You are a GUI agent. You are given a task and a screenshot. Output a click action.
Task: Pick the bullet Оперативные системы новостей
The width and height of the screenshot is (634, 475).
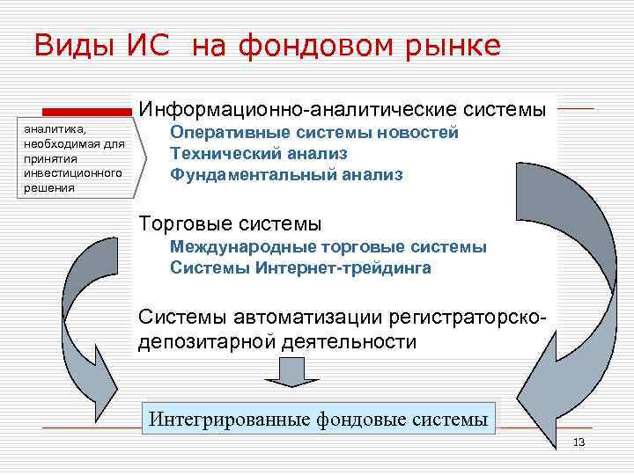tap(314, 133)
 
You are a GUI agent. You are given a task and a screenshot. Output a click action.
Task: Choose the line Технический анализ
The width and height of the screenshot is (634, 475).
tap(253, 154)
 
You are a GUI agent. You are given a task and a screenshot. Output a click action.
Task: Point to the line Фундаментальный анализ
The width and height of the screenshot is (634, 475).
tap(286, 175)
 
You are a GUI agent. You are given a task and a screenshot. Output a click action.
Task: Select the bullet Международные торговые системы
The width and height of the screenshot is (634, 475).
tap(328, 247)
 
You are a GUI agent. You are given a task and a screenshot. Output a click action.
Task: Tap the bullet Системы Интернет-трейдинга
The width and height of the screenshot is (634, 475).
tap(300, 268)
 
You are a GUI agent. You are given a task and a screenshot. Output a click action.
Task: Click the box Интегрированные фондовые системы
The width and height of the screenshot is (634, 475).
tap(318, 419)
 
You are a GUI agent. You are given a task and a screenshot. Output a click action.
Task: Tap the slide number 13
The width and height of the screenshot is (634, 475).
tap(579, 442)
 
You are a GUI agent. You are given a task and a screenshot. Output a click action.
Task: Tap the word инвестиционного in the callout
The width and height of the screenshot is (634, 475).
tap(72, 173)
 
